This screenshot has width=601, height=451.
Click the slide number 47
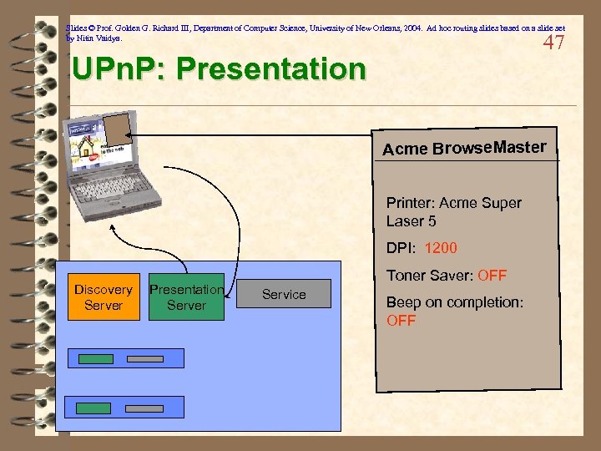coord(553,43)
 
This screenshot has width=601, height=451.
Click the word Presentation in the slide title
coord(280,69)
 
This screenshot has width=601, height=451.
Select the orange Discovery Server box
coord(103,297)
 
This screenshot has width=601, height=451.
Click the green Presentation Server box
coord(186,297)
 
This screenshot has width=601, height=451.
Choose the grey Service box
coord(284,294)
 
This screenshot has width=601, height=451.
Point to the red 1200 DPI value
coord(441,248)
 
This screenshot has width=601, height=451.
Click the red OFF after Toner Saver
coord(492,276)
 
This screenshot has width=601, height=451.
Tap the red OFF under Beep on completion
coord(401,321)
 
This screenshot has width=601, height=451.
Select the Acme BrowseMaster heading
coord(464,149)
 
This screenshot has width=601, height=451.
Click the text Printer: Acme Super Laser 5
coord(453,212)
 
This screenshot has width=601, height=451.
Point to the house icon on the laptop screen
coord(86,148)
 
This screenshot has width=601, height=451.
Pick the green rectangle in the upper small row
coord(95,359)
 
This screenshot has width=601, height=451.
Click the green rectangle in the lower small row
coord(93,408)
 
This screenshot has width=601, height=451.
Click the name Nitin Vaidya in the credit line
coord(98,38)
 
